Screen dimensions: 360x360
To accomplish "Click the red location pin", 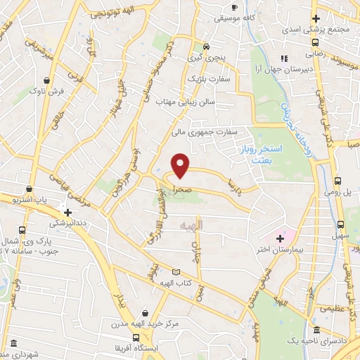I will [181, 165].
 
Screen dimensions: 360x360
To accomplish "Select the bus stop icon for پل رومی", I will [339, 181].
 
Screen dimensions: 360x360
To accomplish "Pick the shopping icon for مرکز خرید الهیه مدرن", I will [145, 313].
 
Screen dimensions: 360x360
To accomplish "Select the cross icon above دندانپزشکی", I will [67, 211].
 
